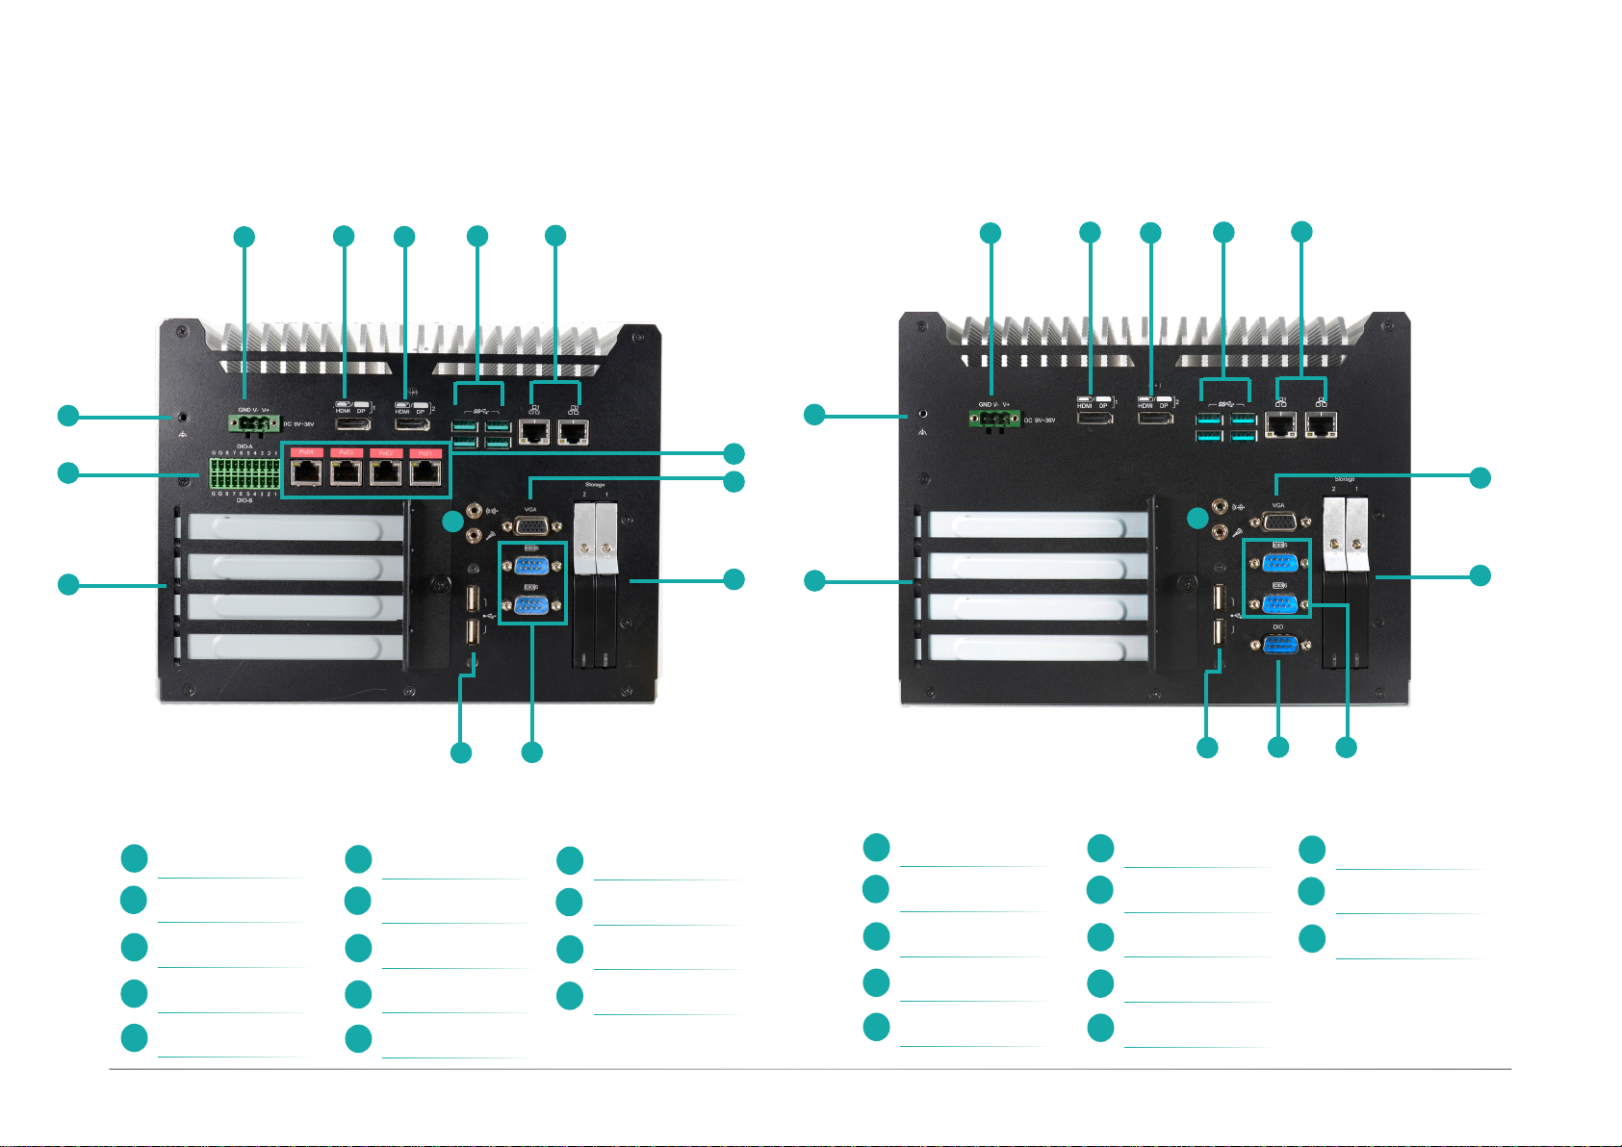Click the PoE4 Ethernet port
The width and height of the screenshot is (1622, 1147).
307,472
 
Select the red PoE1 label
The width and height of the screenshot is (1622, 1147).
425,452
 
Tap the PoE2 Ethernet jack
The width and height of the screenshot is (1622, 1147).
385,472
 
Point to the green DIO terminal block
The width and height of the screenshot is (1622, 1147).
245,473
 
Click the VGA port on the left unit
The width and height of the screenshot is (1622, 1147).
531,525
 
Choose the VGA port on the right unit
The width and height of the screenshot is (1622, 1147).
1278,522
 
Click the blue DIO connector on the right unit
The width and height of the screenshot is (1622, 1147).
1278,646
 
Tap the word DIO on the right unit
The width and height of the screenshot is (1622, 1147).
1278,626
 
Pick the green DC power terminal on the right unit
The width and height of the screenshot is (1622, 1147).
994,419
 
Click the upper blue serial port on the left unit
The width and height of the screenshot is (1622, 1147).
531,565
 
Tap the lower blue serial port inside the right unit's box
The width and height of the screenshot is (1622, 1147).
1278,603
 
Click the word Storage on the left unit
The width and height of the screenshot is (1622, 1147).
595,485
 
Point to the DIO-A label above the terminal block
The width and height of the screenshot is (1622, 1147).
245,446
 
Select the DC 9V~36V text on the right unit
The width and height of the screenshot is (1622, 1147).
1039,421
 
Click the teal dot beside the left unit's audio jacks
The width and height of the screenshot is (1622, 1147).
452,523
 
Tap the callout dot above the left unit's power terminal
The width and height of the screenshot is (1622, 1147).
245,236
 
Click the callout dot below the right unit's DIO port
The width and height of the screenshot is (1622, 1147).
1277,747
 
